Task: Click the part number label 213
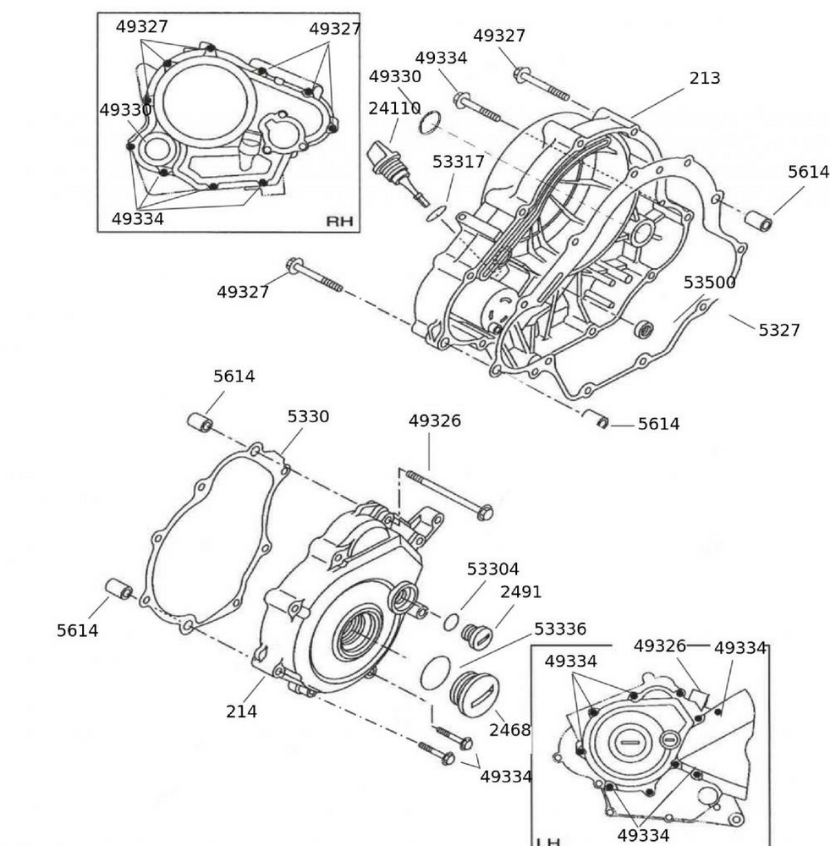(704, 78)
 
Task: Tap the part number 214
(241, 711)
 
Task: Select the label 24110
(394, 108)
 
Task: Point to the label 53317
(458, 162)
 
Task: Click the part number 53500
(709, 283)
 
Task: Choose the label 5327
(778, 330)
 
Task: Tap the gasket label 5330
(308, 416)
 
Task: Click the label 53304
(492, 569)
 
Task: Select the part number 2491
(520, 592)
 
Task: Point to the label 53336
(559, 629)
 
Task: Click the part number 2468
(509, 729)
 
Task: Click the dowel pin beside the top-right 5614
(758, 222)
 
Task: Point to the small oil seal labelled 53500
(646, 328)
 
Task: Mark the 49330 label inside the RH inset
(125, 110)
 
